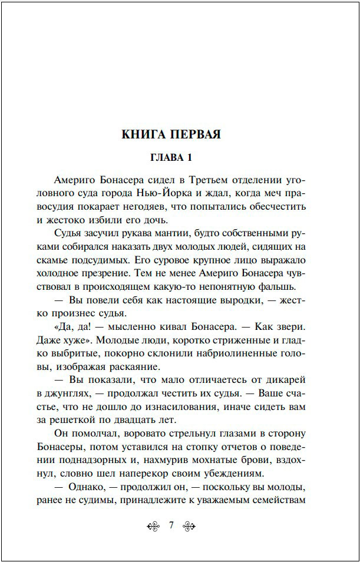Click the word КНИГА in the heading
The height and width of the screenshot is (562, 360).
tap(143, 134)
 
